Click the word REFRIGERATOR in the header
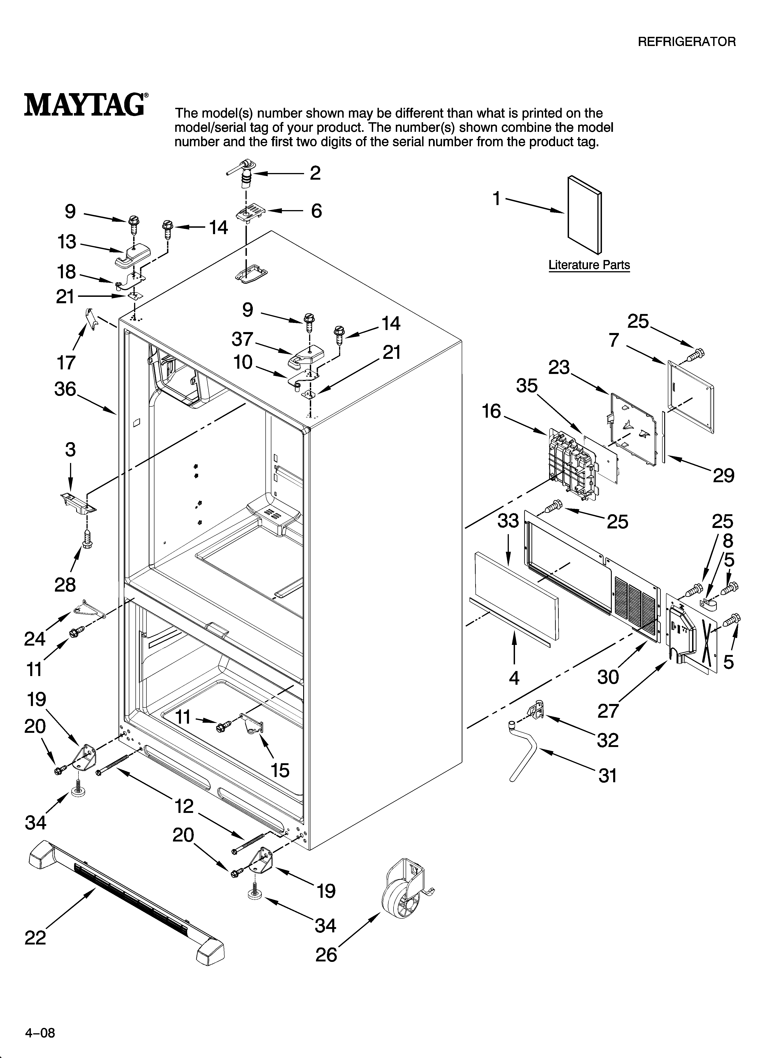686,42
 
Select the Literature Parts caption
589,265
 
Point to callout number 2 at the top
315,173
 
